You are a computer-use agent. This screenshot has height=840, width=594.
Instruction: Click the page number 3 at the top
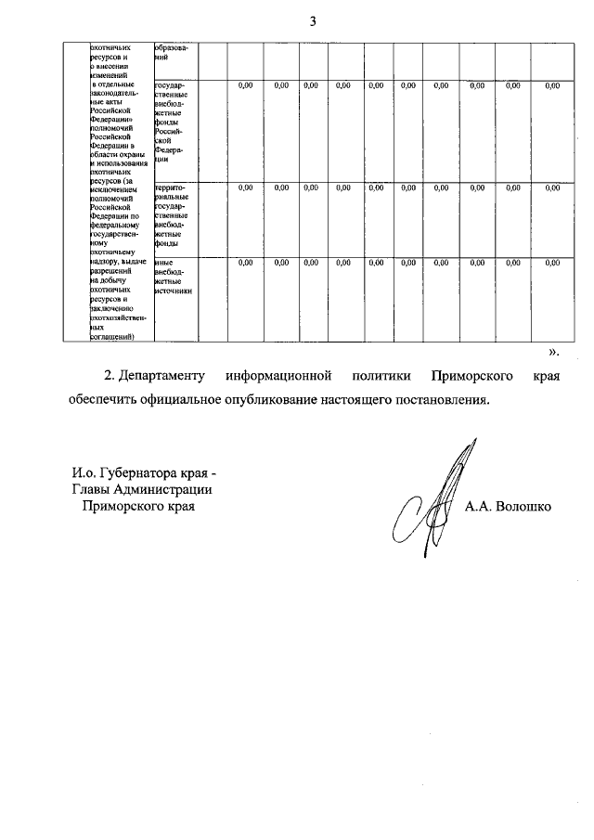point(313,21)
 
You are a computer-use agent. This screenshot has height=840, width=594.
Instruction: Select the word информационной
point(278,376)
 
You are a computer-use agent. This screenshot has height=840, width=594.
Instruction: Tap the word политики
point(381,376)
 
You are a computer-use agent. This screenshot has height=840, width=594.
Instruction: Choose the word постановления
point(442,401)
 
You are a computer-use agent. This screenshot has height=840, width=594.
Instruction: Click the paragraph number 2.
point(108,376)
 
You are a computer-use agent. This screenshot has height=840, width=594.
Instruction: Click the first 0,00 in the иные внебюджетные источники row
point(245,263)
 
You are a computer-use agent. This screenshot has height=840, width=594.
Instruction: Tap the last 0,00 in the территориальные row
point(552,187)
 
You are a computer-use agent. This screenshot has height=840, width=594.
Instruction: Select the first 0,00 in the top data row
point(245,85)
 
